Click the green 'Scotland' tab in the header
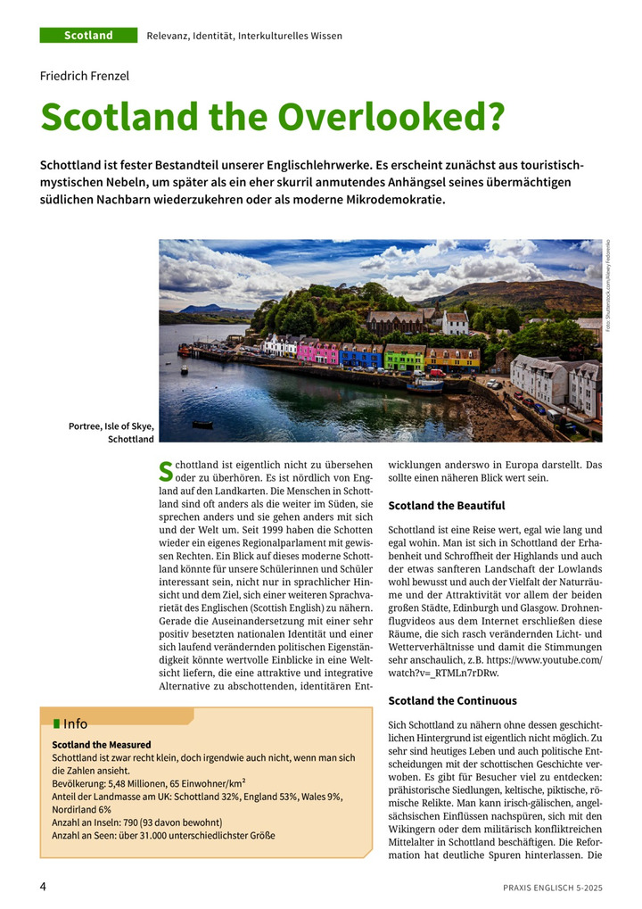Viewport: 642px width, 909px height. tap(88, 36)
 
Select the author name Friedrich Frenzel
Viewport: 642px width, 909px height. tap(85, 76)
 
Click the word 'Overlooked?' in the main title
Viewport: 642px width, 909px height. tap(392, 118)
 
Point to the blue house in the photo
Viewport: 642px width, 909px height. tap(361, 356)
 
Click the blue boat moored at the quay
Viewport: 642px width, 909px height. tap(424, 386)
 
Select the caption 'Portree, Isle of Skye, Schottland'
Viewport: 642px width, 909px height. tap(111, 433)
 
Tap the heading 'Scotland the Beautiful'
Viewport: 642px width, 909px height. tap(447, 506)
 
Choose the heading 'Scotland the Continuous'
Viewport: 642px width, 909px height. tap(453, 700)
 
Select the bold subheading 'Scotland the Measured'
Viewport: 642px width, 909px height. tap(102, 744)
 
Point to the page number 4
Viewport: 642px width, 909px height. tap(43, 886)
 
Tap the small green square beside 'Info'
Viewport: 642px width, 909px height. tap(57, 723)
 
